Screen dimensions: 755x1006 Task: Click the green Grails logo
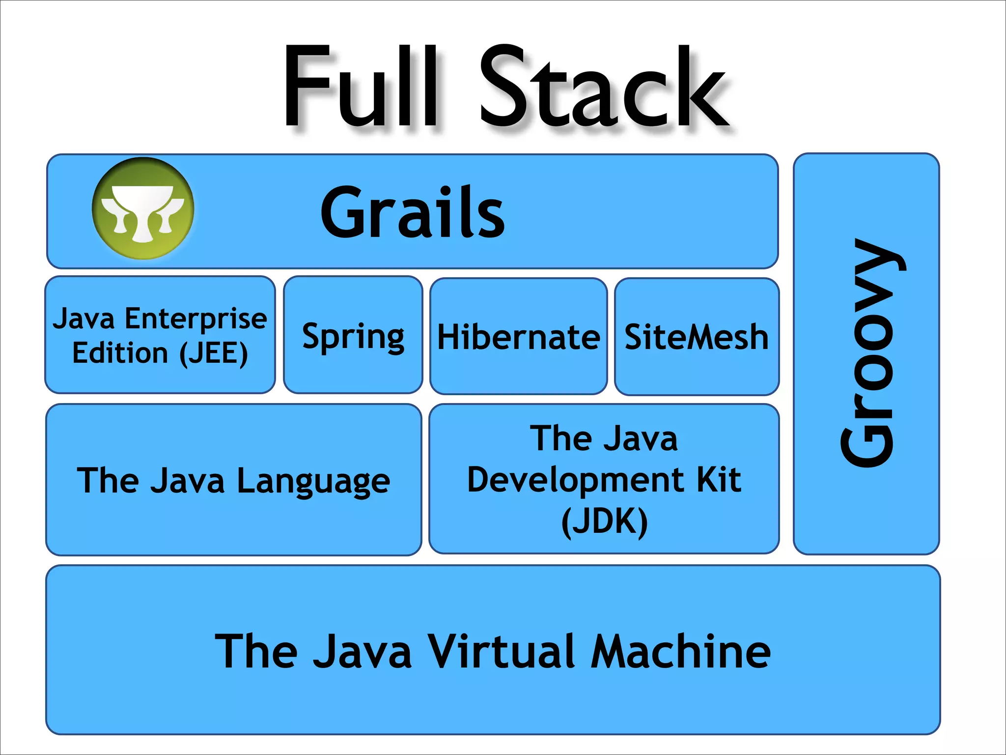pyautogui.click(x=143, y=208)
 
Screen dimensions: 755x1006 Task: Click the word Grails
pyautogui.click(x=412, y=213)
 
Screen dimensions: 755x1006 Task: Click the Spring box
pyautogui.click(x=353, y=336)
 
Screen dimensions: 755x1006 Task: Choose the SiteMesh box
pyautogui.click(x=697, y=337)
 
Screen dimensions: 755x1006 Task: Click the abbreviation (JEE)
pyautogui.click(x=213, y=353)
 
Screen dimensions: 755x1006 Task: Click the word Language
pyautogui.click(x=313, y=481)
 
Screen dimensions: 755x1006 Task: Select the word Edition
pyautogui.click(x=120, y=353)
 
